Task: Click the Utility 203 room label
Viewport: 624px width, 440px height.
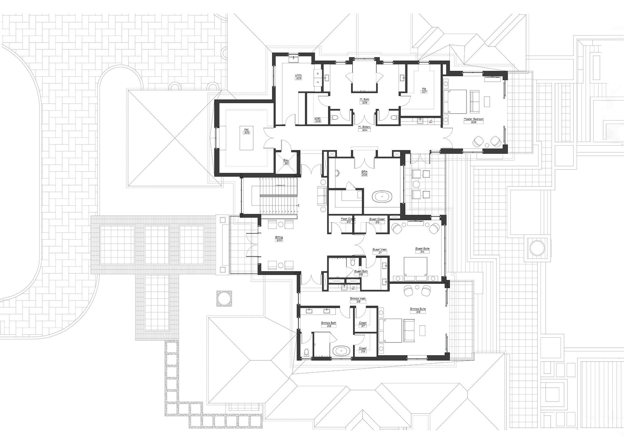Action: (x=298, y=77)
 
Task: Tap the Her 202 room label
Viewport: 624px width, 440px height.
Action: (x=247, y=131)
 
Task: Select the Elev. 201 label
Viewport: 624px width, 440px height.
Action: (x=286, y=162)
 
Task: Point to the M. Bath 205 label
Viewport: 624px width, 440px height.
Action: (x=364, y=101)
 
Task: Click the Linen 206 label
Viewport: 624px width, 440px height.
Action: (x=318, y=120)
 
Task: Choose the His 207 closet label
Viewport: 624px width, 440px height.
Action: (x=424, y=90)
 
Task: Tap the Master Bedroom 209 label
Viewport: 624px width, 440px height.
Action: (x=474, y=121)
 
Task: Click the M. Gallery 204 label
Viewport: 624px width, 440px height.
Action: (x=364, y=128)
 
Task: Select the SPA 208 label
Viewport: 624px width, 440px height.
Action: (x=364, y=173)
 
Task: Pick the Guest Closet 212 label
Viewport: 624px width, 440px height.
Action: (x=377, y=220)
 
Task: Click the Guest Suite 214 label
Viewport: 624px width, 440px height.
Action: (x=422, y=250)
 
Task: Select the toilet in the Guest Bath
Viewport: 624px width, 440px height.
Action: (x=353, y=262)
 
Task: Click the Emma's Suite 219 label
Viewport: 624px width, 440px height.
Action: (x=418, y=310)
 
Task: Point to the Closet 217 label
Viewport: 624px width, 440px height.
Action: (x=363, y=324)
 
